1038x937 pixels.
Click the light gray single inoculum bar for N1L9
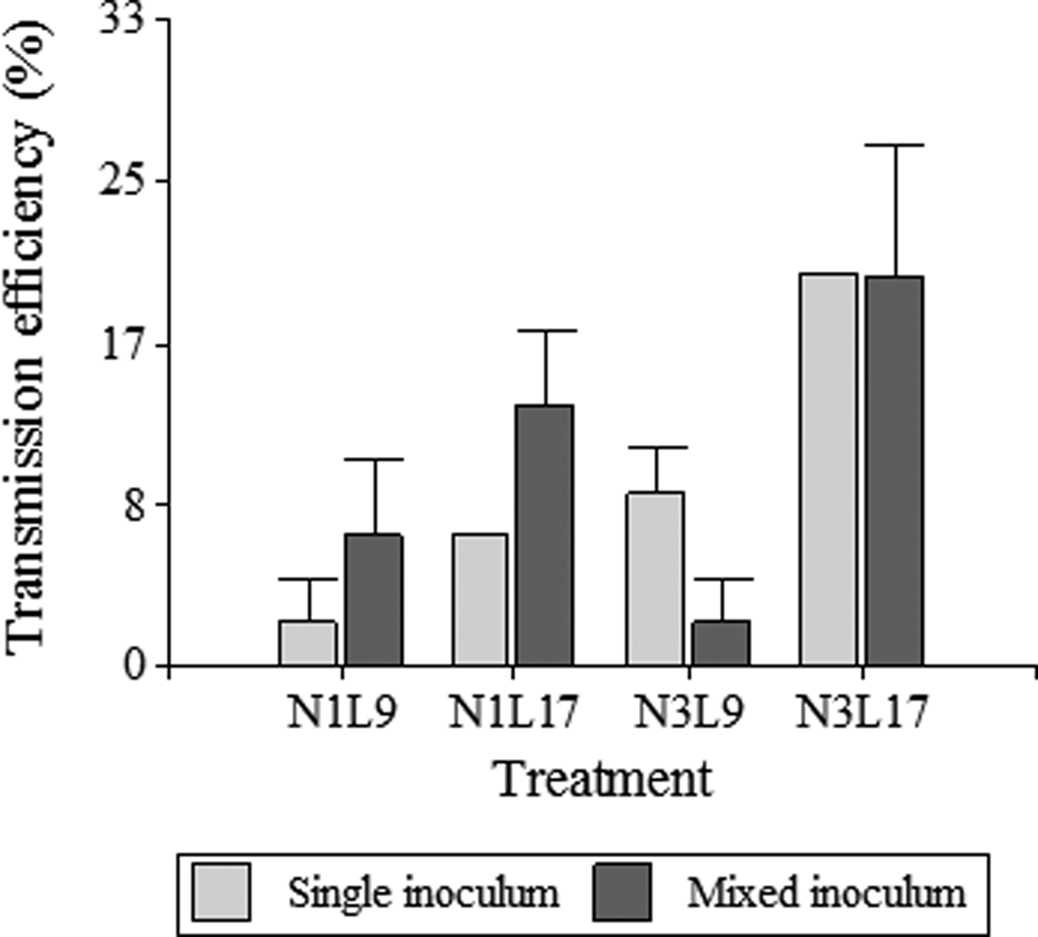tap(308, 642)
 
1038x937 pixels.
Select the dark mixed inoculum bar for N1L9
tap(374, 599)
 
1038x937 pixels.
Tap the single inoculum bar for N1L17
tap(480, 599)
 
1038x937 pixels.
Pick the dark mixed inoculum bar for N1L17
tap(546, 535)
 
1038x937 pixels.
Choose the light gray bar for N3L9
tap(655, 579)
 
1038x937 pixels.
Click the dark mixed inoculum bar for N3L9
tap(721, 642)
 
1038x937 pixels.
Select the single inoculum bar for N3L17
tap(828, 470)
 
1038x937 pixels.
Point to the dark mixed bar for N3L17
tap(895, 471)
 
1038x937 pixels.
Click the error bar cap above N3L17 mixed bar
tap(895, 145)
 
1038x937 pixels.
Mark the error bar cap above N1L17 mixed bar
tap(546, 330)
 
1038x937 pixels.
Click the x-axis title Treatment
tap(604, 780)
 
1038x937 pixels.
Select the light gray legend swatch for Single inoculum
tap(221, 891)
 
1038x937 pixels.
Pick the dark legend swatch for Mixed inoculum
tap(622, 891)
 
